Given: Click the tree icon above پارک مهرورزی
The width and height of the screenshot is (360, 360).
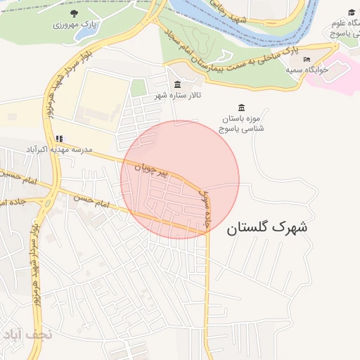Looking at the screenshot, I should pyautogui.click(x=75, y=13).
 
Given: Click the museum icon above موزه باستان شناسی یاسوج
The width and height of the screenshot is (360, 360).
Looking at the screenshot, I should pyautogui.click(x=242, y=107).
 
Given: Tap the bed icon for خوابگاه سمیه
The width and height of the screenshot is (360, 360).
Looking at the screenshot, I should pyautogui.click(x=306, y=59).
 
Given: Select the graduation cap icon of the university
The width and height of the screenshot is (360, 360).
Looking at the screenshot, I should pyautogui.click(x=352, y=13).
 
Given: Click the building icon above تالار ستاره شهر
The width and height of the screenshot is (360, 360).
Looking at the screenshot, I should pyautogui.click(x=177, y=84).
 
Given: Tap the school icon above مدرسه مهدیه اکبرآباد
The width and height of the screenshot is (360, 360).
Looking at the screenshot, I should pyautogui.click(x=59, y=139).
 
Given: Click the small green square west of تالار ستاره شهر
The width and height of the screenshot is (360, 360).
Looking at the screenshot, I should pyautogui.click(x=139, y=88).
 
